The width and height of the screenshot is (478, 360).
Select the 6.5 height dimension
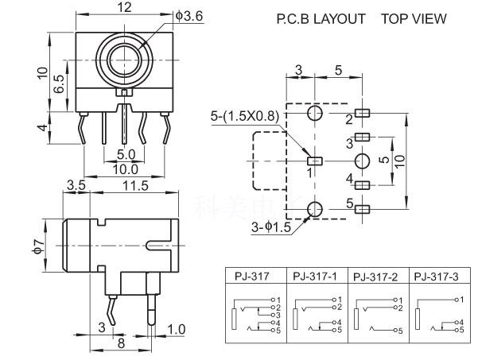[x=58, y=83]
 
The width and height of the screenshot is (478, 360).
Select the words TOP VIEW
[x=414, y=18]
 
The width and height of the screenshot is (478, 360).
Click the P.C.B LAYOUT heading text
[x=321, y=18]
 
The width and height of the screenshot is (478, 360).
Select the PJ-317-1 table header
[x=316, y=277]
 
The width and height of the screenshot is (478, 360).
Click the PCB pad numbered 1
[x=313, y=161]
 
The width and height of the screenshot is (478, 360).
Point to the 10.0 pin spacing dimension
[x=125, y=168]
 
